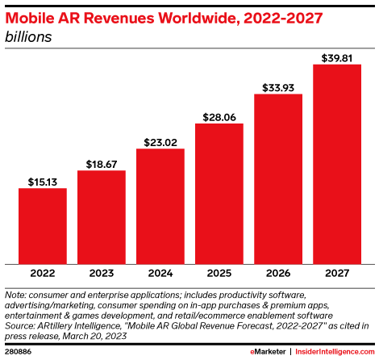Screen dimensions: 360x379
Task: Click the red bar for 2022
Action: coord(42,225)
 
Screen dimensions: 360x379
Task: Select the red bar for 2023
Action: coord(101,216)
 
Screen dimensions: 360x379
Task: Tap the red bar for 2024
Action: coord(160,206)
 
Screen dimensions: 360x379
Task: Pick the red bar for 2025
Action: coord(219,193)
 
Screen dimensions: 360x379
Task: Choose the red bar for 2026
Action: coord(277,178)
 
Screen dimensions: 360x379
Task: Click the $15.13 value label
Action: coord(42,181)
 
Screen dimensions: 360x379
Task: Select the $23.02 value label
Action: coord(160,142)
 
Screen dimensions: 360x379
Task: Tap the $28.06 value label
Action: coord(219,116)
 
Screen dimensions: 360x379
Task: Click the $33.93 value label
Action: coord(277,87)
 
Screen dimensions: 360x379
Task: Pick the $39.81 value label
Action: coord(336,57)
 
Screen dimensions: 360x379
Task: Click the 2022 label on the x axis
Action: coord(42,273)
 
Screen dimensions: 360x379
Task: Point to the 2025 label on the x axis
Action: coord(219,273)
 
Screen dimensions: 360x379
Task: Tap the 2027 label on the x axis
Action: coord(336,273)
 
